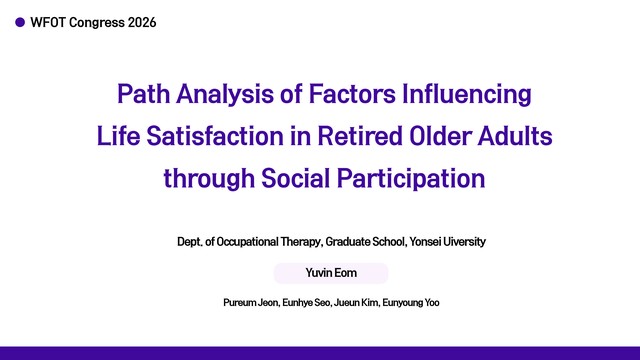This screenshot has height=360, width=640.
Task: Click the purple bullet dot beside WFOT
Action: pyautogui.click(x=20, y=22)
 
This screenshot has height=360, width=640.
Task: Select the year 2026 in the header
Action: pyautogui.click(x=142, y=22)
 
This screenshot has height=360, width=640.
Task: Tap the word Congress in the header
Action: pyautogui.click(x=97, y=23)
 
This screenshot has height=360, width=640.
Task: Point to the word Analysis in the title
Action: pyautogui.click(x=225, y=95)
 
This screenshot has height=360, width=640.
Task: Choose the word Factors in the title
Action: pyautogui.click(x=352, y=94)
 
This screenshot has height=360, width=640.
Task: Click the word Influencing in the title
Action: pyautogui.click(x=467, y=95)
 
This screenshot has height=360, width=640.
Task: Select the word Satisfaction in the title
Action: pyautogui.click(x=215, y=136)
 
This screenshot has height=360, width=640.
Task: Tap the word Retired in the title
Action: pyautogui.click(x=360, y=136)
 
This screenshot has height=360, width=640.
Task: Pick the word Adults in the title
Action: pyautogui.click(x=515, y=136)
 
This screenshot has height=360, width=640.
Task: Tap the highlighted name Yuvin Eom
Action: pyautogui.click(x=331, y=273)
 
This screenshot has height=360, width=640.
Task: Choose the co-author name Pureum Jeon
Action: pyautogui.click(x=251, y=302)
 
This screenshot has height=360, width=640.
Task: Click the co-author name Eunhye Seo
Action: pyautogui.click(x=307, y=302)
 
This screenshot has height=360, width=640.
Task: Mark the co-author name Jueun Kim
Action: pyautogui.click(x=357, y=302)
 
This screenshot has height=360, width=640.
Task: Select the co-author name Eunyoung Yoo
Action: pyautogui.click(x=411, y=303)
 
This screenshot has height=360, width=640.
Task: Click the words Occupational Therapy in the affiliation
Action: pyautogui.click(x=268, y=242)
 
